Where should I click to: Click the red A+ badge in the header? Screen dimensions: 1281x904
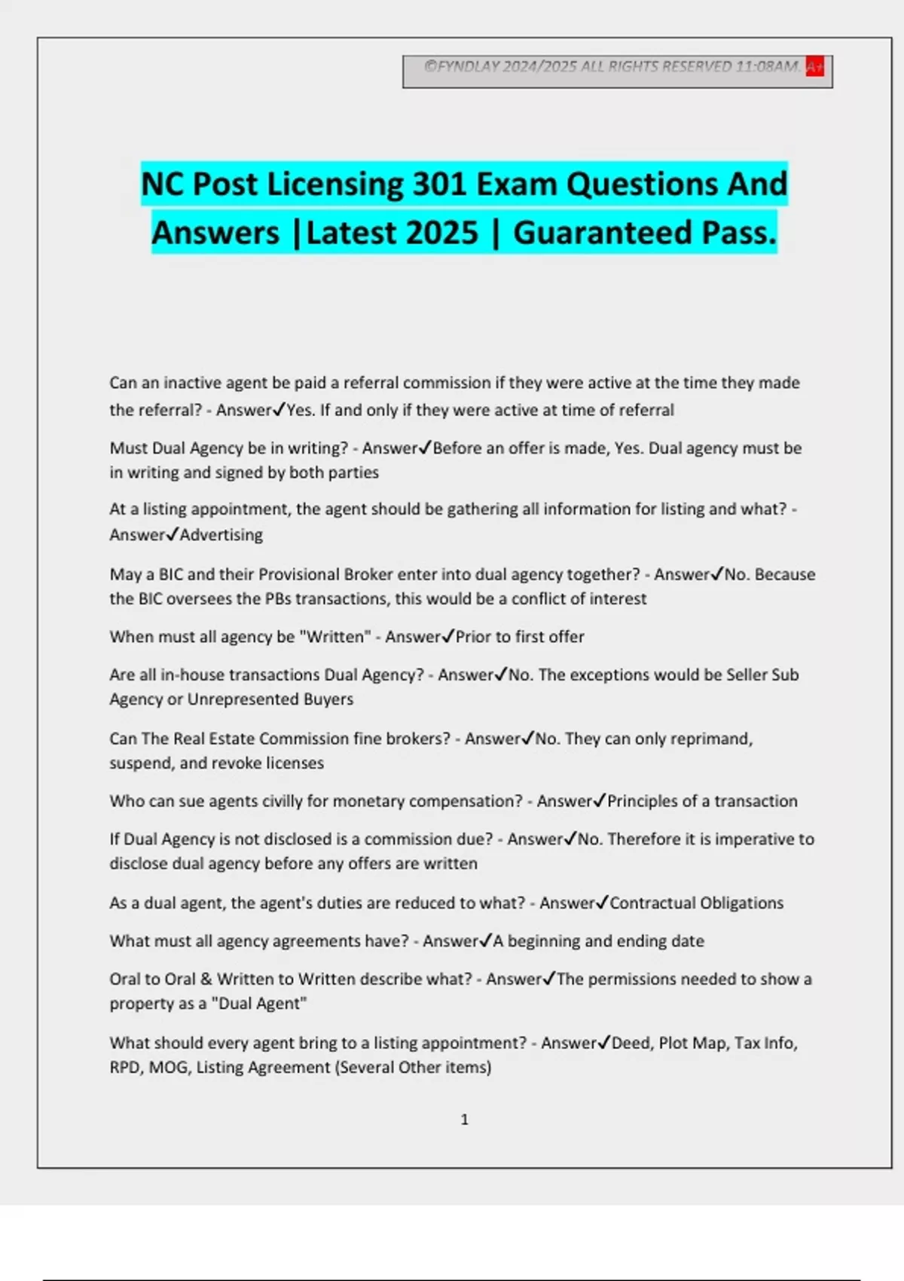point(814,67)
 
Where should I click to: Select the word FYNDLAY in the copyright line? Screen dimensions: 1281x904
point(469,67)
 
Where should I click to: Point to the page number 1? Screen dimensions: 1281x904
point(464,1120)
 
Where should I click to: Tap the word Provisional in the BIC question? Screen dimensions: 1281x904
point(298,574)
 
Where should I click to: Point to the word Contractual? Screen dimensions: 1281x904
point(652,903)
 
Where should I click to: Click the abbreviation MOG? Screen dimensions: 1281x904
point(168,1068)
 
